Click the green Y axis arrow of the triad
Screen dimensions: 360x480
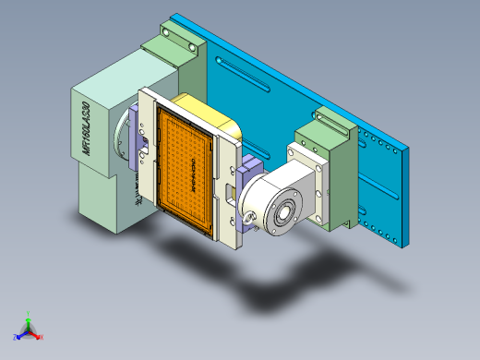(x=29, y=318)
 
